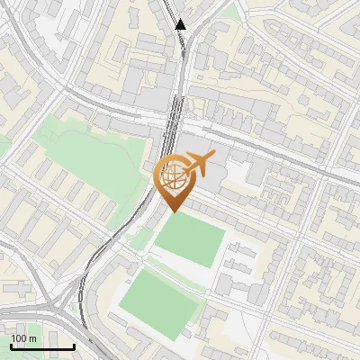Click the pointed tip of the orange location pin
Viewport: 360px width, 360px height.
(173, 211)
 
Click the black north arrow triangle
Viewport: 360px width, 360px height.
(181, 24)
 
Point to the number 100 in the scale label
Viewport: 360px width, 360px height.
(19, 338)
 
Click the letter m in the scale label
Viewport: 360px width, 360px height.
(32, 338)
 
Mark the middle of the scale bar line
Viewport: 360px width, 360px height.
(42, 346)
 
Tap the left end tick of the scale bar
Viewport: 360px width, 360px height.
(11, 346)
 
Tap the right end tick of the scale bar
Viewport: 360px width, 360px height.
(74, 346)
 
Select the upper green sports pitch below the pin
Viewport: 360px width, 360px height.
(191, 241)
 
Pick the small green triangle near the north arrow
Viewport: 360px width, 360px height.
(231, 13)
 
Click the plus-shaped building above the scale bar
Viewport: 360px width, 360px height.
(20, 291)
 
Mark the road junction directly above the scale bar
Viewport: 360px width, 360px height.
(54, 310)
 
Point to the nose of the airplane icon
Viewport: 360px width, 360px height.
(214, 160)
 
